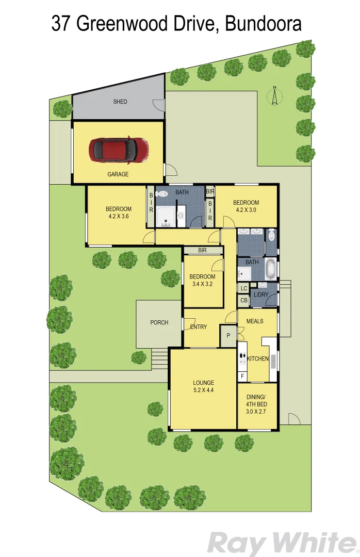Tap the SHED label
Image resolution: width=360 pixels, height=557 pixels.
(x=120, y=102)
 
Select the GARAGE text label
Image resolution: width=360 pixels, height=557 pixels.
(x=118, y=174)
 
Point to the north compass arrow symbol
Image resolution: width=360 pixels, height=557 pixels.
(x=275, y=95)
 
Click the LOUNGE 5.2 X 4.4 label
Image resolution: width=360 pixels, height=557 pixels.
(x=203, y=386)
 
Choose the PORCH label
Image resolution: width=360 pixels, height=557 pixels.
(x=159, y=323)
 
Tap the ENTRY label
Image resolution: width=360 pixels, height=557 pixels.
(x=199, y=327)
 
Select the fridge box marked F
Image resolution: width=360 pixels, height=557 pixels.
(x=242, y=376)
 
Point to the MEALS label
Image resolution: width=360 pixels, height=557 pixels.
(x=254, y=321)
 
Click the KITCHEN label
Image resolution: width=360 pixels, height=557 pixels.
(x=257, y=359)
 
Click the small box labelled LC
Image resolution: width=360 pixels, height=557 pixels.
(x=244, y=289)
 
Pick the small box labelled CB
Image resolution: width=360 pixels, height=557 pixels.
(x=244, y=301)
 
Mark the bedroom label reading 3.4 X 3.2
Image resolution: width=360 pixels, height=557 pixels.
(x=202, y=280)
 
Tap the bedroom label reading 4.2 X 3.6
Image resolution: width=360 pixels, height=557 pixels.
(x=119, y=212)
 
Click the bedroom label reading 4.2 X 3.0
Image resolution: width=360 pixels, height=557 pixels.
(x=246, y=206)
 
